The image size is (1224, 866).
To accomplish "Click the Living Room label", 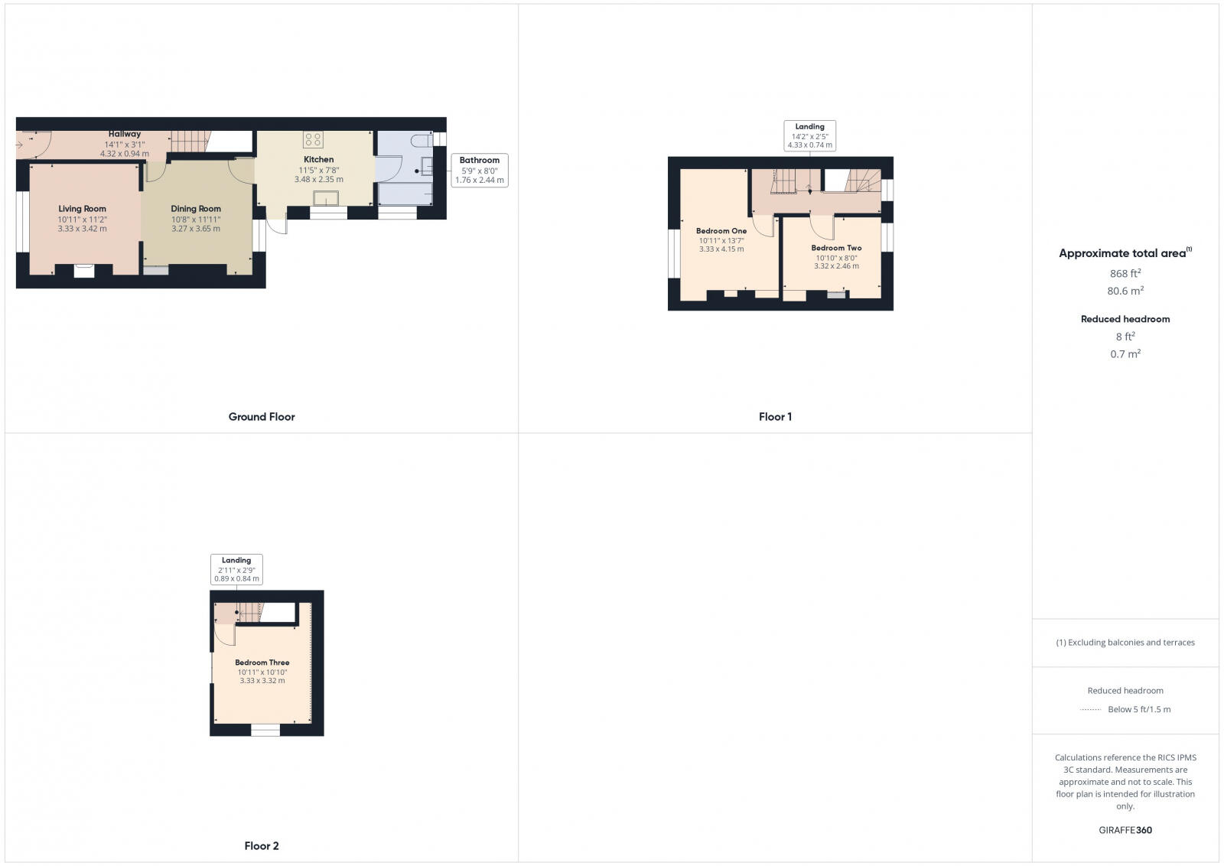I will pyautogui.click(x=83, y=209).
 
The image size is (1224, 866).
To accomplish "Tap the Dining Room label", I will pyautogui.click(x=196, y=209).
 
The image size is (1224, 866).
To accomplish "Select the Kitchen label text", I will pyautogui.click(x=318, y=160).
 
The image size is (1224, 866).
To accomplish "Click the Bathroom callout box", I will pyautogui.click(x=480, y=171).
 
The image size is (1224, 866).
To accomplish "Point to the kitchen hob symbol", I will pyautogui.click(x=313, y=139).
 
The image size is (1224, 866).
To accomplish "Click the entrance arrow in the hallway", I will pyautogui.click(x=19, y=144).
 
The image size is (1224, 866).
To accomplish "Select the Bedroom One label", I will pyautogui.click(x=721, y=231).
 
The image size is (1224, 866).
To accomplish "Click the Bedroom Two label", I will pyautogui.click(x=836, y=249).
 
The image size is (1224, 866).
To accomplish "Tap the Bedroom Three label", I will pyautogui.click(x=262, y=663).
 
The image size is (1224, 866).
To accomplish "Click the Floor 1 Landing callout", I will pyautogui.click(x=809, y=135).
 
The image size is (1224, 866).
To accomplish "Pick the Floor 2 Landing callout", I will pyautogui.click(x=236, y=569).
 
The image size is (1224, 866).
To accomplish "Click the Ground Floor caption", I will pyautogui.click(x=262, y=417).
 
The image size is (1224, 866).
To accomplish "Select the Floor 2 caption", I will pyautogui.click(x=262, y=846).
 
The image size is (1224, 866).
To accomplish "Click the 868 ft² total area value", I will pyautogui.click(x=1125, y=273).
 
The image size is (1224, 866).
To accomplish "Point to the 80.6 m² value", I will pyautogui.click(x=1125, y=291).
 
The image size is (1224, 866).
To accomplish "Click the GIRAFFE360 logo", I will pyautogui.click(x=1125, y=830).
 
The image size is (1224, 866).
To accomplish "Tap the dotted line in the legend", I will pyautogui.click(x=1090, y=710).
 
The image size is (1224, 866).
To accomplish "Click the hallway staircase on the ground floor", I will pyautogui.click(x=190, y=141).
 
